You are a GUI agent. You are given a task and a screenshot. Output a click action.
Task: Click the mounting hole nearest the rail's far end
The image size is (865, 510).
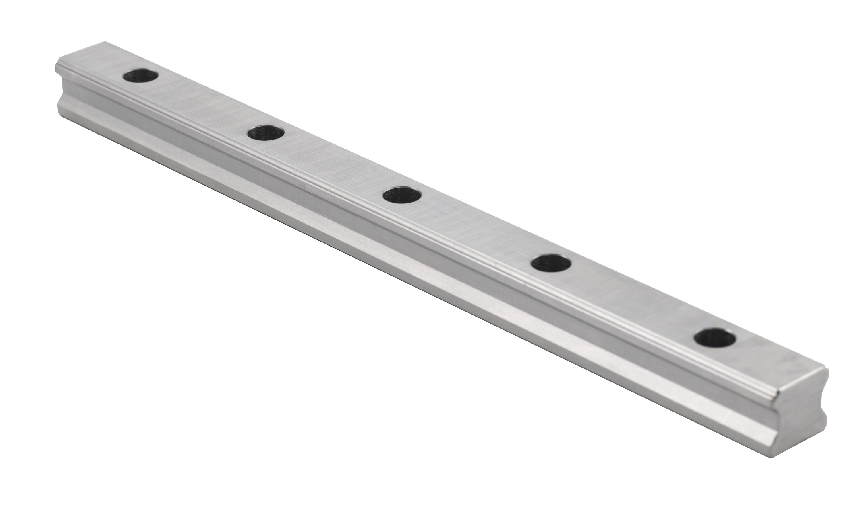pyautogui.click(x=141, y=76)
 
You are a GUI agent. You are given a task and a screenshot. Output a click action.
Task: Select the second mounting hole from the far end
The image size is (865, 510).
pyautogui.click(x=265, y=133)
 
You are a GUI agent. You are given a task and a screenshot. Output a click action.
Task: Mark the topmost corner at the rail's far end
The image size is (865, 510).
pyautogui.click(x=105, y=42)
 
